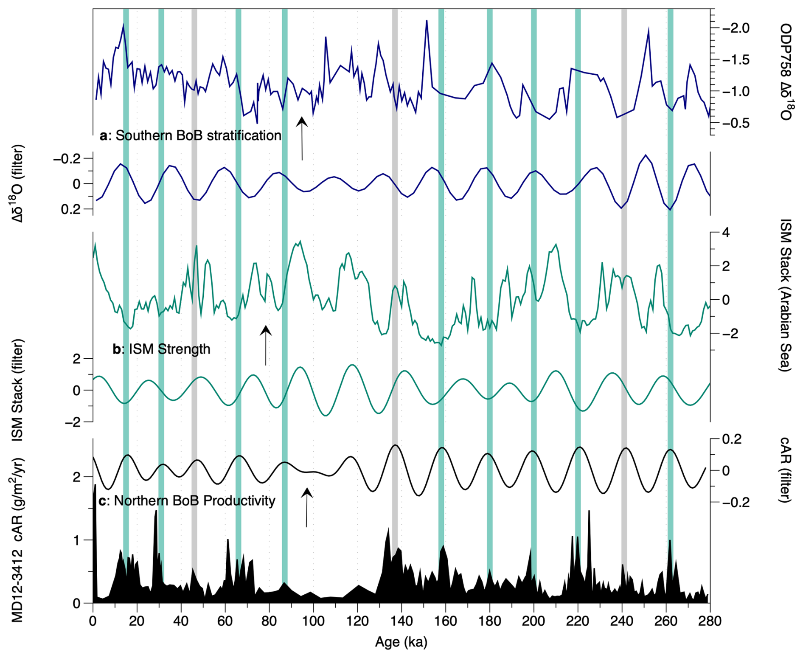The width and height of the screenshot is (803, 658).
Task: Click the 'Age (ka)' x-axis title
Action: (x=401, y=642)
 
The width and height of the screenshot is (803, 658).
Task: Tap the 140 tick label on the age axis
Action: (x=401, y=621)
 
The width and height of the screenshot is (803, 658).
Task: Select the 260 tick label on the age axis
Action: (x=665, y=621)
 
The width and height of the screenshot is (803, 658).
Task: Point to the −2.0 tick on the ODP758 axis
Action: (x=736, y=28)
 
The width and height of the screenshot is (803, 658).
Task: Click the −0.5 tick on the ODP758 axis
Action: (x=736, y=123)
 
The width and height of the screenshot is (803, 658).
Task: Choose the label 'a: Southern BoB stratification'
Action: (x=191, y=135)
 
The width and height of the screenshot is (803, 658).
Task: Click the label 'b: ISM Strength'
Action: (x=161, y=349)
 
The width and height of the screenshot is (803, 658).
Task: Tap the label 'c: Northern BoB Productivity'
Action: (x=187, y=501)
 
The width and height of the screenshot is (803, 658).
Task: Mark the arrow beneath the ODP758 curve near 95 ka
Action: (x=302, y=138)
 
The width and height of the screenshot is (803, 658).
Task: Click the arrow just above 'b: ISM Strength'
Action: (x=266, y=345)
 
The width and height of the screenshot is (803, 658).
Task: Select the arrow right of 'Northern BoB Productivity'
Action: (x=306, y=507)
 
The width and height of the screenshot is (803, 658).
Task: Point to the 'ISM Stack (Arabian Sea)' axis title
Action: (x=786, y=295)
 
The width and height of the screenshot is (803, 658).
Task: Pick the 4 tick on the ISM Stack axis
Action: (x=726, y=233)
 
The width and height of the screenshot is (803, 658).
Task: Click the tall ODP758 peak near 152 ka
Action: (x=427, y=21)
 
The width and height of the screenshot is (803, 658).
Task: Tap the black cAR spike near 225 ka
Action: (x=589, y=512)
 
